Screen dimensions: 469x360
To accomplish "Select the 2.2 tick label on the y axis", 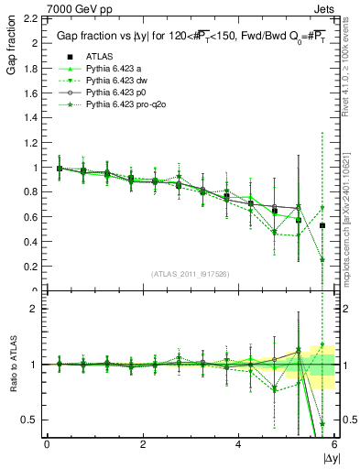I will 29,18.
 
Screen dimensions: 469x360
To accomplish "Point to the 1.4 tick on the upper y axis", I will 29,118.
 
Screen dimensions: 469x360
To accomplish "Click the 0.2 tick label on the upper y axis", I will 29,267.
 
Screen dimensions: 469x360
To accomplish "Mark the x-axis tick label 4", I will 238,443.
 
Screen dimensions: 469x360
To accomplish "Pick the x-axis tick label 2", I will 143,443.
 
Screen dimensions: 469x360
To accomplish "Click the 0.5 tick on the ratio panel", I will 29,420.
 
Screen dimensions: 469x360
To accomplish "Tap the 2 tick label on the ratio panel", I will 33,309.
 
